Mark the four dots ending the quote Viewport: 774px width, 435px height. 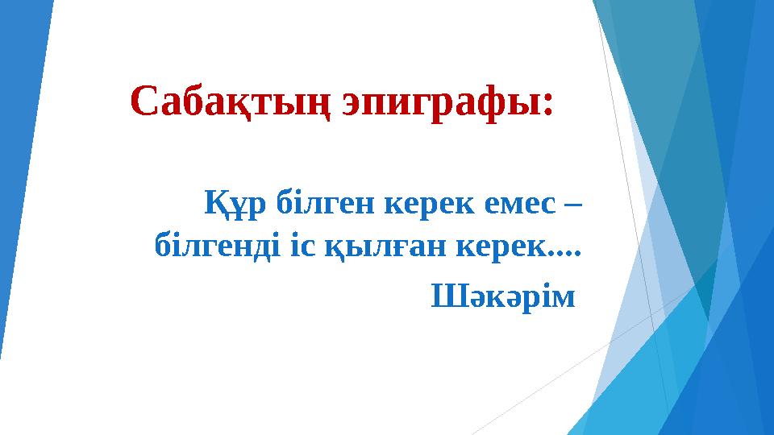[563, 250]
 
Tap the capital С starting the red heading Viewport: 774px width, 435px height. [143, 103]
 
